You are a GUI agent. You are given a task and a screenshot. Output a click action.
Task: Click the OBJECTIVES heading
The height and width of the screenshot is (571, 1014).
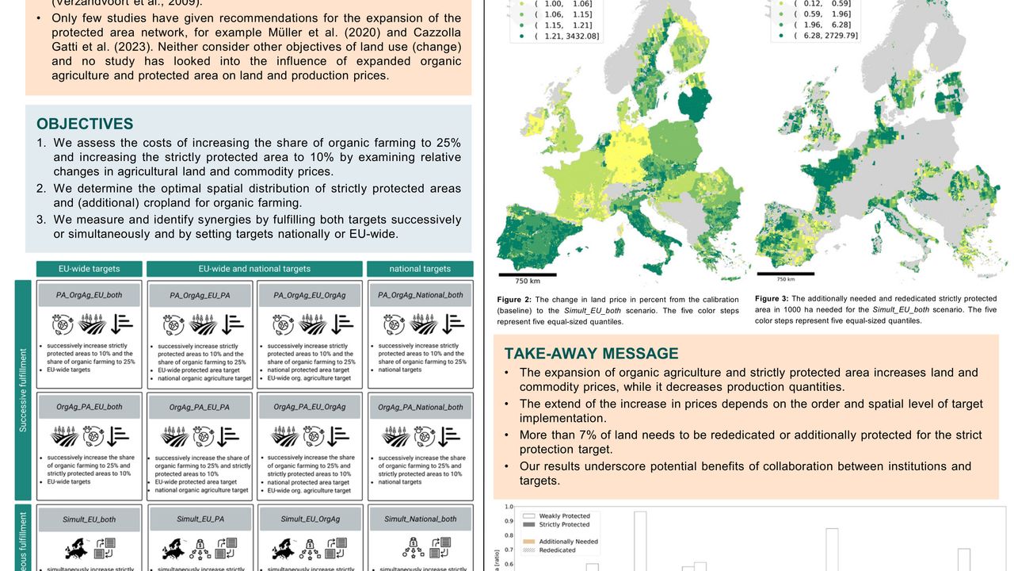click(x=85, y=124)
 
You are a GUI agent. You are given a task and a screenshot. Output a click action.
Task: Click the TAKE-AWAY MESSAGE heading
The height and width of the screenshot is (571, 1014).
click(x=591, y=354)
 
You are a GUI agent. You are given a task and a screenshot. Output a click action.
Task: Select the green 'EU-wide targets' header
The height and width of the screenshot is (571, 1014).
click(x=90, y=269)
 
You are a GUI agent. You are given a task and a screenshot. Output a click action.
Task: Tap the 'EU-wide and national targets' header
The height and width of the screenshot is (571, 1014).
click(x=254, y=269)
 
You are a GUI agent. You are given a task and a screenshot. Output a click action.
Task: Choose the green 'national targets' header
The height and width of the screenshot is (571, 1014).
click(x=420, y=269)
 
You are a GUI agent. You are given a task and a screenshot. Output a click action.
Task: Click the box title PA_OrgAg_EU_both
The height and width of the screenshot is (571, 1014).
click(x=89, y=295)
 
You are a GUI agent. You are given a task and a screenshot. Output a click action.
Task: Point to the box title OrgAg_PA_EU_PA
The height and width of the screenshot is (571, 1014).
click(x=200, y=407)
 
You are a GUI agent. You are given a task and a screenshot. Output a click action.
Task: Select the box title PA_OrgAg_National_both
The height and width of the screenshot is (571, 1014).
click(x=420, y=295)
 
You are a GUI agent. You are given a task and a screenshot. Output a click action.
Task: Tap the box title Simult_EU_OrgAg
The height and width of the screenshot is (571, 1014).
click(x=310, y=519)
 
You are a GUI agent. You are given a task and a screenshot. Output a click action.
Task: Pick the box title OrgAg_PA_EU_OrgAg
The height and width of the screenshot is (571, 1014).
click(x=310, y=407)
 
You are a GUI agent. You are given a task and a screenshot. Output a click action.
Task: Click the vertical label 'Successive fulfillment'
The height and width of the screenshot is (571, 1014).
click(x=23, y=390)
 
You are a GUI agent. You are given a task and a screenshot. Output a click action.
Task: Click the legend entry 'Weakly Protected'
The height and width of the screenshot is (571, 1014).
click(x=564, y=515)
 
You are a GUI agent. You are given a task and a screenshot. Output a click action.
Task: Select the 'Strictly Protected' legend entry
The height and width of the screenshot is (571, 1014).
click(x=564, y=525)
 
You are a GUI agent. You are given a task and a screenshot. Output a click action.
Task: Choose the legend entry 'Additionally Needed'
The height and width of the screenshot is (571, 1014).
click(x=568, y=541)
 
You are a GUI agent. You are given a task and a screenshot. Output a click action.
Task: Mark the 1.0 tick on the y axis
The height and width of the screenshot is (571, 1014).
click(x=509, y=507)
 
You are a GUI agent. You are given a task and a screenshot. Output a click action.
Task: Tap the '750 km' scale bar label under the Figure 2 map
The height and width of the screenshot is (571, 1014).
click(x=527, y=282)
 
